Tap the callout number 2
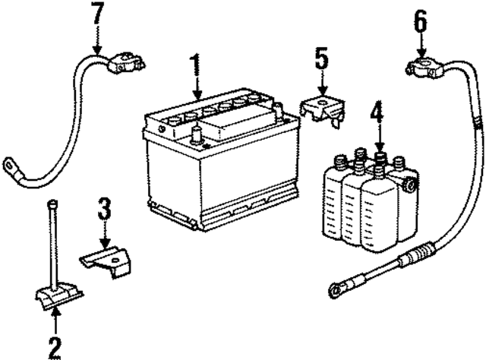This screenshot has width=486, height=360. tap(53, 346)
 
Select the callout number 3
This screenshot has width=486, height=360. tap(106, 209)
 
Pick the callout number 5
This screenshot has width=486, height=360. tap(322, 58)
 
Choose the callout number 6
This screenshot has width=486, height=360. tap(420, 21)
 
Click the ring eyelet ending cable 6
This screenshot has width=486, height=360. tap(336, 289)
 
